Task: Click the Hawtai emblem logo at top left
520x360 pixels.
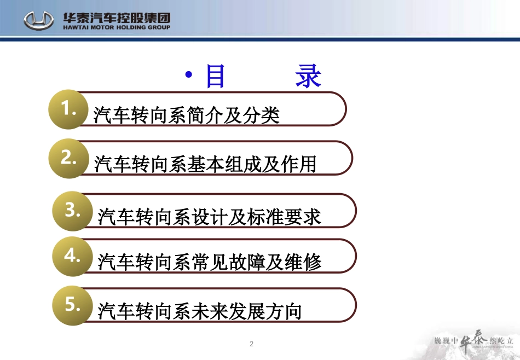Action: point(39,21)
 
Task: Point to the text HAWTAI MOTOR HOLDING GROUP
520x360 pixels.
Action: point(116,27)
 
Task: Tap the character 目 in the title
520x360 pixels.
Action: point(215,77)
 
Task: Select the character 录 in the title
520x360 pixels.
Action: point(309,77)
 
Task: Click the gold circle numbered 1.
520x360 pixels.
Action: point(68,109)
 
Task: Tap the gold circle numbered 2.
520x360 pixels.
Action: point(68,158)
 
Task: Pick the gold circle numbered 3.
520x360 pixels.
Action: point(72,211)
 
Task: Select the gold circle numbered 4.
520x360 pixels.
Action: point(72,256)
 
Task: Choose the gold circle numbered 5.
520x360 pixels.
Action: point(72,305)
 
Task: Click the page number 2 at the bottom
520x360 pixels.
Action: point(251,344)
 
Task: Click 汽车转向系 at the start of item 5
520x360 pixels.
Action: point(144,311)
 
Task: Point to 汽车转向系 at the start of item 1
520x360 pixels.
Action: point(140,115)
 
